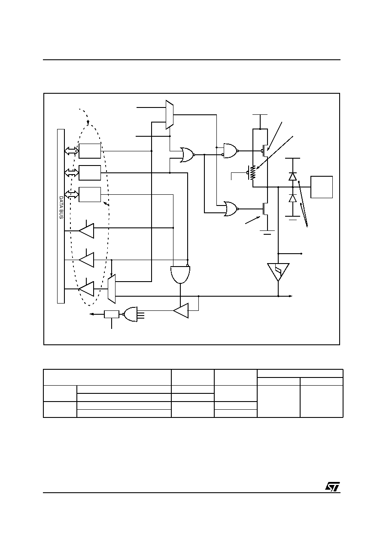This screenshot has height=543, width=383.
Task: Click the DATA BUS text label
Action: tap(61, 208)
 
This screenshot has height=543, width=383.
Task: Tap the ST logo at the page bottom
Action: tap(332, 487)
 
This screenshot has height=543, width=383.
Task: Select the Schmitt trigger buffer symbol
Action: tap(278, 272)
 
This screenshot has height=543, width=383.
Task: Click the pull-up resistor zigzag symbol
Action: tap(253, 172)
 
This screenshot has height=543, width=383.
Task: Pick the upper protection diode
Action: tap(293, 176)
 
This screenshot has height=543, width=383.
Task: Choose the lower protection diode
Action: tap(293, 198)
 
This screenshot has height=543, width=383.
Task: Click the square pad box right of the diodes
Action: tap(322, 187)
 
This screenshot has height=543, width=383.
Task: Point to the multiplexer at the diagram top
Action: tap(170, 115)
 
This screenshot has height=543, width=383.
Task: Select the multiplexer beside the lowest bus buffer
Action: tap(112, 289)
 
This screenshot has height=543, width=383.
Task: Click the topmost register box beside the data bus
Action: tap(90, 151)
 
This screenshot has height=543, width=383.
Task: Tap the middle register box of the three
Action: tap(90, 173)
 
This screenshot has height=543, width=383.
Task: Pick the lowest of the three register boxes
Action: tap(90, 194)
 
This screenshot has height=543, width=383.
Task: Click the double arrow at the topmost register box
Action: tap(72, 151)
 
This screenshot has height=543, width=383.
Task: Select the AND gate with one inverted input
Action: tap(180, 274)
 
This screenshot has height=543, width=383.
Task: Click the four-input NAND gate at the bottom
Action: tap(130, 314)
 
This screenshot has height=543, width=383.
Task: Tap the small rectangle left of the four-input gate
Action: tap(112, 314)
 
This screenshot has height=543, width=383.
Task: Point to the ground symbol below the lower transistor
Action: tap(267, 233)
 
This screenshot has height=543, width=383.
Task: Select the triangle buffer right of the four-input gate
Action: tap(181, 310)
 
